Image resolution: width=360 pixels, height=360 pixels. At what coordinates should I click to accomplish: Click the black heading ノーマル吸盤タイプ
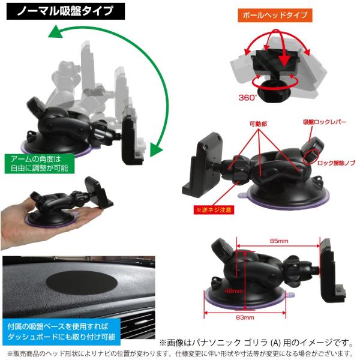point(65,11)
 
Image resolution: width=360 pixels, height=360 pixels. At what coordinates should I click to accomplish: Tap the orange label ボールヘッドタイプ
point(275,16)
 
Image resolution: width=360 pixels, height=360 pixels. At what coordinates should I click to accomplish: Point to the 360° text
point(247,98)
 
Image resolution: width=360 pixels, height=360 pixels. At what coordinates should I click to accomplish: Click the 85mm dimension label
point(279,241)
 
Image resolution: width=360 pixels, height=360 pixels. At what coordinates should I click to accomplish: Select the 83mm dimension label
point(245,317)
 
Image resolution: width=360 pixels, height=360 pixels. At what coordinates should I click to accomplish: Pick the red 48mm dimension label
point(234,291)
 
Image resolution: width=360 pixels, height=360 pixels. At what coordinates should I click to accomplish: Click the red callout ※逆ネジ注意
point(214,209)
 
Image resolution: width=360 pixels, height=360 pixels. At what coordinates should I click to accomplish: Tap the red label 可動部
point(258,124)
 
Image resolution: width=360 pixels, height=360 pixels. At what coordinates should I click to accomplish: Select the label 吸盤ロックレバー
point(325,122)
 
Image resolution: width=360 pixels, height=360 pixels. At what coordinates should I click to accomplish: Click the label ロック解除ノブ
point(336,163)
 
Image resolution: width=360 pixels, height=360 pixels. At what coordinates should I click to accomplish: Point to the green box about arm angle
point(40,163)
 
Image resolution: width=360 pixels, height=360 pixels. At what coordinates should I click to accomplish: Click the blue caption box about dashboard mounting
point(62,332)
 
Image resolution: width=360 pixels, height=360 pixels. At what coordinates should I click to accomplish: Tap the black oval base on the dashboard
point(82,283)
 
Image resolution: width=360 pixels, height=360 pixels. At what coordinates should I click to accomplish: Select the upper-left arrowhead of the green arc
point(55,32)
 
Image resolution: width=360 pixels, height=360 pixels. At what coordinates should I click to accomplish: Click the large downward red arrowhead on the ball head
point(284,60)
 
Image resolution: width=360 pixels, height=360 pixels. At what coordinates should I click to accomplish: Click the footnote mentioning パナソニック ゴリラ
point(256,343)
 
